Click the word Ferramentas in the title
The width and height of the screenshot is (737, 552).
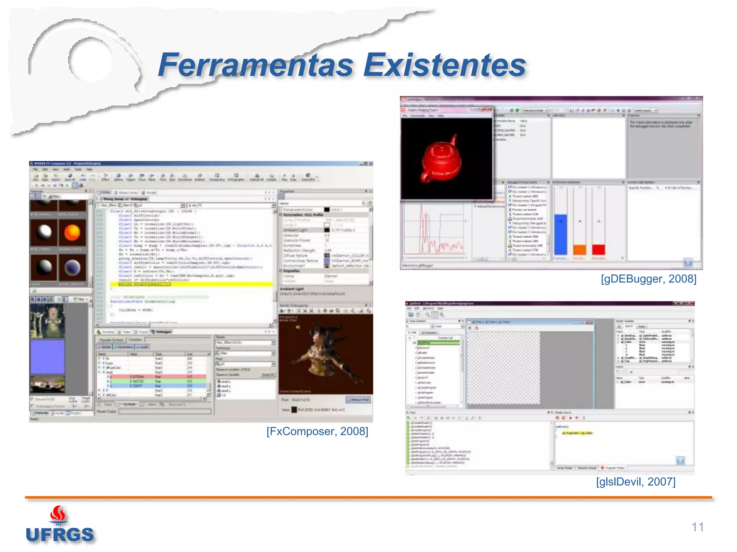(x=256, y=65)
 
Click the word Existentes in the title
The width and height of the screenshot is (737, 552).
(x=444, y=65)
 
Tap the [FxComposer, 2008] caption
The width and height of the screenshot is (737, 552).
(x=317, y=431)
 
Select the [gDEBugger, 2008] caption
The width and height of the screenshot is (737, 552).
(x=648, y=279)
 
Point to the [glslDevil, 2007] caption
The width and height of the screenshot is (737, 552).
(x=636, y=482)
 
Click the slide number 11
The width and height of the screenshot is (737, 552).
(x=697, y=527)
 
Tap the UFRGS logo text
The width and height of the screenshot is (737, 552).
(x=60, y=535)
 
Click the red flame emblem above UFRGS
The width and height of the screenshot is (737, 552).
(x=58, y=514)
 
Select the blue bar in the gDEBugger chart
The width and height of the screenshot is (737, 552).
(x=560, y=234)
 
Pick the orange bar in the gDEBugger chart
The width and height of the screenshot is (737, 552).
(x=579, y=249)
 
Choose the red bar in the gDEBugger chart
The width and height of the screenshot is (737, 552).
(x=598, y=249)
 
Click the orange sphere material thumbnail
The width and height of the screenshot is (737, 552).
(x=72, y=233)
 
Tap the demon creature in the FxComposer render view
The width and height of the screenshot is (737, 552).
(x=320, y=352)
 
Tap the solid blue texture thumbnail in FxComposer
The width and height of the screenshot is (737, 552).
(x=48, y=356)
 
